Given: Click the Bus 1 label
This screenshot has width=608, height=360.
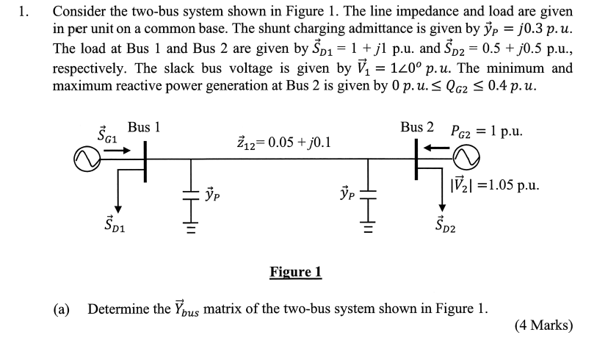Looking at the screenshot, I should (144, 127).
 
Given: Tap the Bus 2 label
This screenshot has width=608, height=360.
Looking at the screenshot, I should (417, 127).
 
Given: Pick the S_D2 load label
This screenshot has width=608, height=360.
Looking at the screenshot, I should (445, 224).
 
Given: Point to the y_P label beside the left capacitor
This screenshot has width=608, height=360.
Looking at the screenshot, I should (212, 195).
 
